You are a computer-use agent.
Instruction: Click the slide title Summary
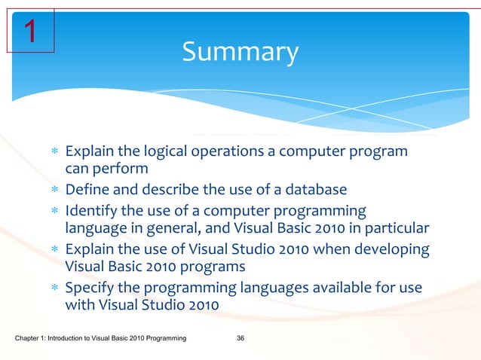click(240, 52)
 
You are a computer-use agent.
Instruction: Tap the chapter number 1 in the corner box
click(29, 31)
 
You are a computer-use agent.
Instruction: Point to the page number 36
click(240, 343)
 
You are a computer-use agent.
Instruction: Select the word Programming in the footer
click(166, 343)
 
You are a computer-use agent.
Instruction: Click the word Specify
click(90, 288)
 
